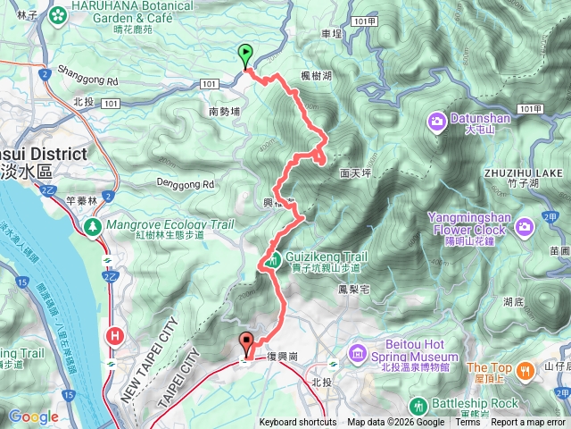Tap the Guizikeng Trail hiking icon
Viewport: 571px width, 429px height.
269,261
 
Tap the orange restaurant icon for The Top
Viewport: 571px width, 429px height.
527,367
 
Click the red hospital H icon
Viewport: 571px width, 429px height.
114,335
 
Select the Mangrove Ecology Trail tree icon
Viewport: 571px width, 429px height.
92,227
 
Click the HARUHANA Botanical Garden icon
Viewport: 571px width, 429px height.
58,15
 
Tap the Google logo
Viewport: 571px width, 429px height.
34,416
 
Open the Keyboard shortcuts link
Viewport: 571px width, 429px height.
298,423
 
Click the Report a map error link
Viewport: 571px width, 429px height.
529,423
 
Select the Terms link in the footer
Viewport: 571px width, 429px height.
468,423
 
